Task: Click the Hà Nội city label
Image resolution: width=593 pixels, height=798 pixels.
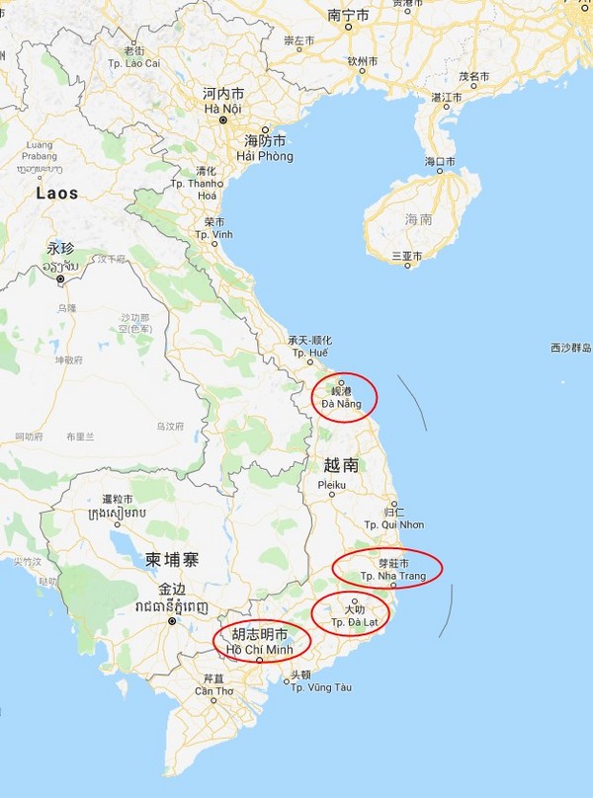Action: coord(222,108)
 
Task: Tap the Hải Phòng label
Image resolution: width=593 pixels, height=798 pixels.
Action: coord(265,156)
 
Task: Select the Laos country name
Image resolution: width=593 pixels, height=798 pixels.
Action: coord(57,194)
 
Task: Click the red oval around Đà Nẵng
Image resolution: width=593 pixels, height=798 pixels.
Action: coord(345,398)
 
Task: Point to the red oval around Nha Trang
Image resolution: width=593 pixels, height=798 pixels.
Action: coord(386,568)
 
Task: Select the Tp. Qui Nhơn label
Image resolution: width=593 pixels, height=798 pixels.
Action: coord(394,524)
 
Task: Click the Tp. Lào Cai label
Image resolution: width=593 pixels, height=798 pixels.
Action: coord(133,63)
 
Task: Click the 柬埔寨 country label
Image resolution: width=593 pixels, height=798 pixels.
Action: coord(172,559)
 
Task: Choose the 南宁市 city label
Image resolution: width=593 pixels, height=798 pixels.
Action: coord(348,16)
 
